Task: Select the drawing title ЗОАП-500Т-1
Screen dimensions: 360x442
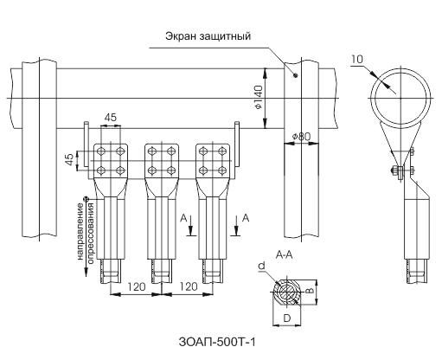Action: tap(221, 342)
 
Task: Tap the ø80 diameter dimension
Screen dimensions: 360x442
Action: tap(303, 136)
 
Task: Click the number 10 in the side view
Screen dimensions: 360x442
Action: tap(358, 59)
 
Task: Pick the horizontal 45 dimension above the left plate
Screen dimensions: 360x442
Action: tap(111, 119)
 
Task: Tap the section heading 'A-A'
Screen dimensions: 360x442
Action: tap(284, 257)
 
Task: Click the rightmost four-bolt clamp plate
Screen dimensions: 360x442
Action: tap(214, 158)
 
